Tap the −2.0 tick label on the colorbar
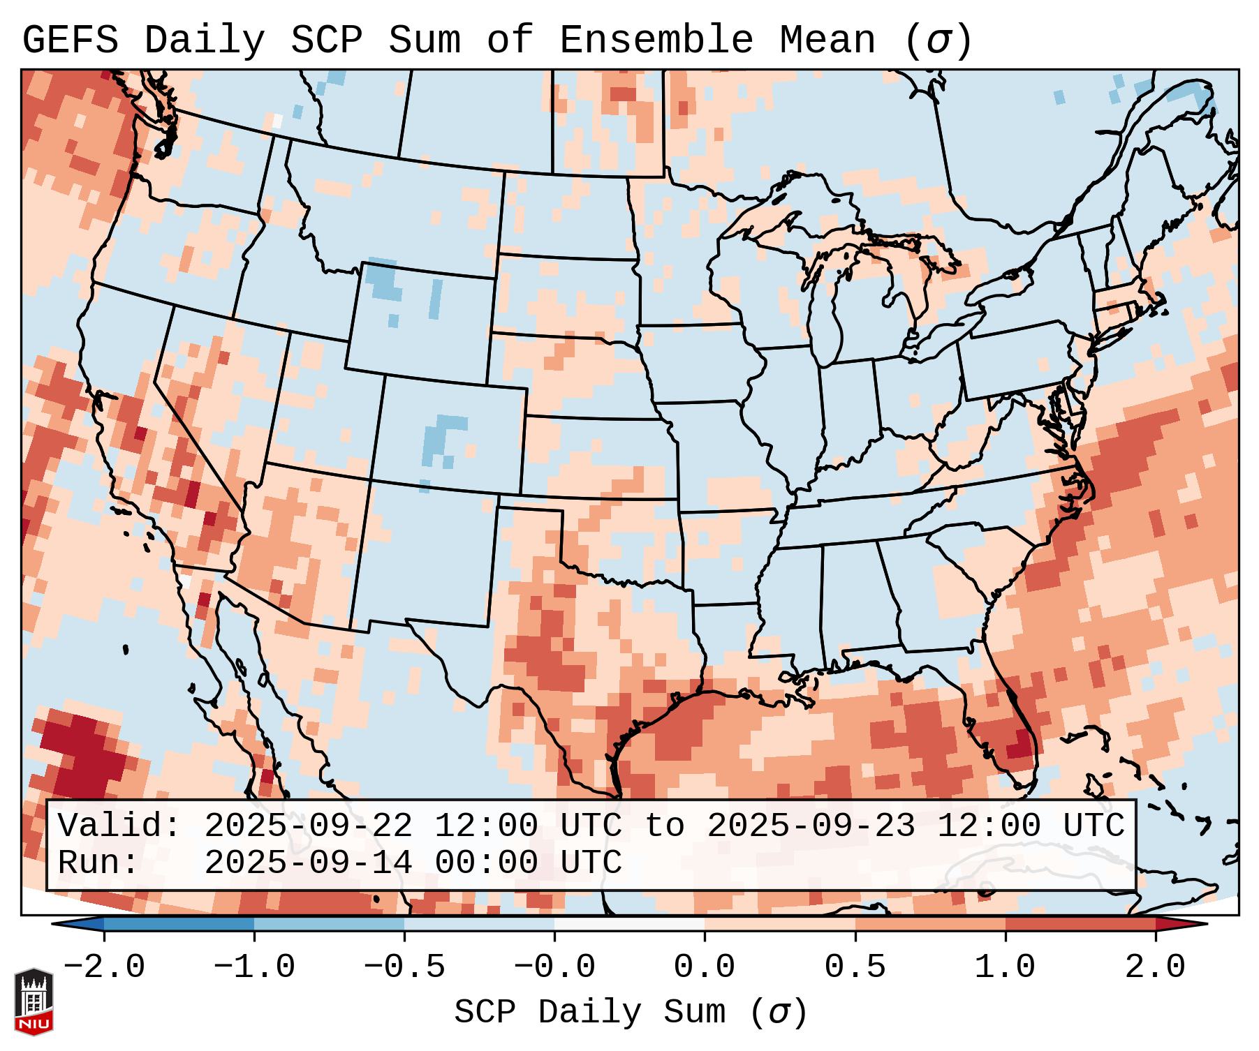(104, 967)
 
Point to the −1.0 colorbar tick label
(254, 967)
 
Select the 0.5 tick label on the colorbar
(855, 967)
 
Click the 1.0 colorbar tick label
(1005, 967)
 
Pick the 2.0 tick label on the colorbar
(1155, 967)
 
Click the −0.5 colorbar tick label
(404, 967)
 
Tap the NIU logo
(34, 1001)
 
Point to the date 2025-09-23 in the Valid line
(811, 826)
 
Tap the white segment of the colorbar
(629, 924)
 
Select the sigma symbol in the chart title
(938, 41)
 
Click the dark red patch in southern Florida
(1021, 743)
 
